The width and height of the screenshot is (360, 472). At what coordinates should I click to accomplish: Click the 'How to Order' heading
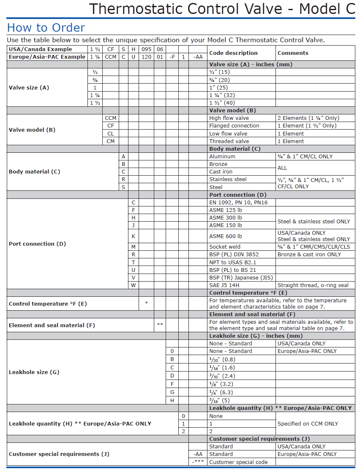[46, 28]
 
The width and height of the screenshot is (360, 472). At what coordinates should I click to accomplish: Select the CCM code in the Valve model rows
[110, 118]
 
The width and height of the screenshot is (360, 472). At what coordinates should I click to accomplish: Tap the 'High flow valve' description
[229, 118]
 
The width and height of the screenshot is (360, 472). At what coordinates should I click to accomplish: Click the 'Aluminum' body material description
[222, 157]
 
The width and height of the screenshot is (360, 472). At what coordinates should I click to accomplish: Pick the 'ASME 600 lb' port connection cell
[226, 236]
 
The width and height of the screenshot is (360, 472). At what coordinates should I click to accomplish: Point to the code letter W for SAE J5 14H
[134, 285]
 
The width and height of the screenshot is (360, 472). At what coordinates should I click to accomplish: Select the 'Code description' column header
[233, 53]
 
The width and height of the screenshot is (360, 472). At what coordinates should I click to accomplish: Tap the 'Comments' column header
[293, 53]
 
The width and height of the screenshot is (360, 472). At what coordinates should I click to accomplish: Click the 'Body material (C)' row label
[35, 172]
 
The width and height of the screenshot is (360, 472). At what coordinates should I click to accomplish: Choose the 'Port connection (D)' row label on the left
[37, 244]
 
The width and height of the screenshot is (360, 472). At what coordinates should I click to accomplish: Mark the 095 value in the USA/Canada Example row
[146, 49]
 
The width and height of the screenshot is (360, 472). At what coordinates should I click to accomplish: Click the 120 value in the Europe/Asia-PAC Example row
[146, 57]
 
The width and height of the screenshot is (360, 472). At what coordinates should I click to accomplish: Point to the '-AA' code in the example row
[198, 57]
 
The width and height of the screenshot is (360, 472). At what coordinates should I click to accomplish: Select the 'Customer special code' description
[238, 462]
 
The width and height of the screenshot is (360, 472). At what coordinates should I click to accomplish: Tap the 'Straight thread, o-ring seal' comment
[313, 285]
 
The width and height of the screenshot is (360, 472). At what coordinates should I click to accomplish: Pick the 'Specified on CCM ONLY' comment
[308, 424]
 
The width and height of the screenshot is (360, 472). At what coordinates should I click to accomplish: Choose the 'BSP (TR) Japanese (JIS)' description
[241, 278]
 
